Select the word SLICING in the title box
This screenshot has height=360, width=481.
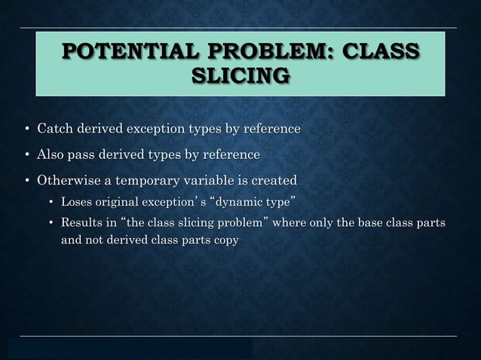pos(240,76)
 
